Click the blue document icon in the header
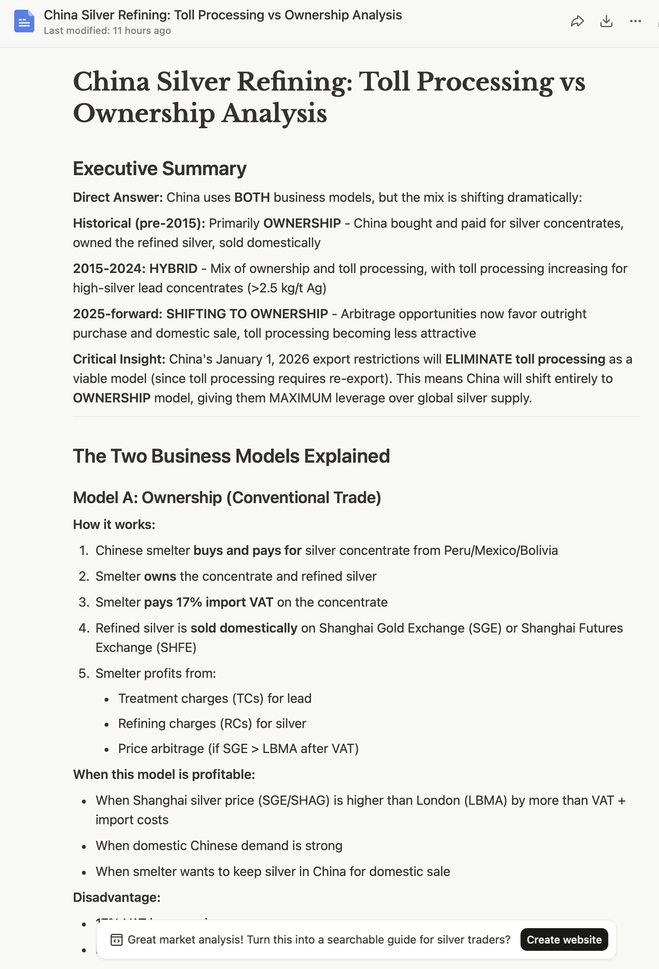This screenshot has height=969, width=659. (24, 21)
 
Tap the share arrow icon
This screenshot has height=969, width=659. (577, 21)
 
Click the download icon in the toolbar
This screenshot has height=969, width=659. (606, 21)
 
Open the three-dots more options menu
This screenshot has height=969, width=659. (635, 21)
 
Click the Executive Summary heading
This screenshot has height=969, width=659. (160, 169)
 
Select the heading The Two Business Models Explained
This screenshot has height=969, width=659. (231, 456)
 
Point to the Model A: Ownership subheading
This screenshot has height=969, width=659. (227, 497)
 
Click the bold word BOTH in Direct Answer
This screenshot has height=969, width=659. (252, 197)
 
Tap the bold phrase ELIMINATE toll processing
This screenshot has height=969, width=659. (525, 359)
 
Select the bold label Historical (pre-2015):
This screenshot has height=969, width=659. (139, 224)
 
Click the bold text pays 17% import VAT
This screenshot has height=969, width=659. (208, 602)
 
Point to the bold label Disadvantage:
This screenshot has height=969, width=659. (117, 897)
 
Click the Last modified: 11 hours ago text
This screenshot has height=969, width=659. (107, 31)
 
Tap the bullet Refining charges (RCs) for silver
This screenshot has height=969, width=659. (212, 724)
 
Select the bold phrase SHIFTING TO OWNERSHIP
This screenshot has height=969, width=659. (247, 314)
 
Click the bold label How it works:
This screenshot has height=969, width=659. (114, 525)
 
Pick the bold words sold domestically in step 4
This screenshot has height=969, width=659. (244, 628)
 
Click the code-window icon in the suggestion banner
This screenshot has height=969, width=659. (116, 940)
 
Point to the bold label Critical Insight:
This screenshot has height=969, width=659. (119, 359)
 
